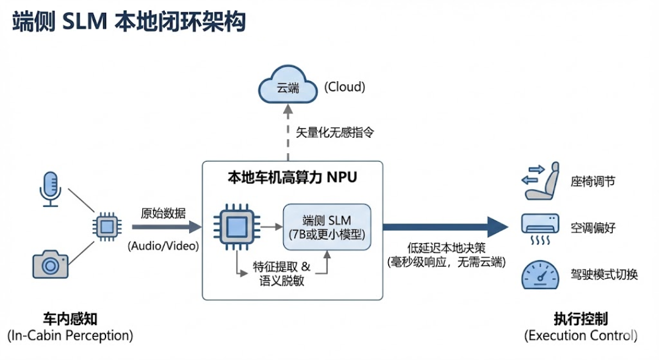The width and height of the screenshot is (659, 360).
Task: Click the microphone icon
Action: point(51,188)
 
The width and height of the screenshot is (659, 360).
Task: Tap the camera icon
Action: point(50,263)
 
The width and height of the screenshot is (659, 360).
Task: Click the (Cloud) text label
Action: point(344,87)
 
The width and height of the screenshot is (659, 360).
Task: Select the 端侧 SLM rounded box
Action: point(326,227)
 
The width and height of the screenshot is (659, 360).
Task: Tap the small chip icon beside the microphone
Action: point(107,226)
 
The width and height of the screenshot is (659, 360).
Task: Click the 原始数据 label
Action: point(163,214)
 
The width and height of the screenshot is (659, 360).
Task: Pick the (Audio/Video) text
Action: point(163,247)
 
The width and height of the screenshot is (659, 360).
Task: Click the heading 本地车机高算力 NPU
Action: point(292,178)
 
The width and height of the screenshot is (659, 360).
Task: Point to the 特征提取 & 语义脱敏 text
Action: point(281,273)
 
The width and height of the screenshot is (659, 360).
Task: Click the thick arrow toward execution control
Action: point(445,227)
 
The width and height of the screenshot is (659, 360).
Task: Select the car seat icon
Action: point(541,181)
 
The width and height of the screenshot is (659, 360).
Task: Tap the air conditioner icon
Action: point(540,227)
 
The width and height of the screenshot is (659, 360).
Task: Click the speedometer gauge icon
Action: point(540,275)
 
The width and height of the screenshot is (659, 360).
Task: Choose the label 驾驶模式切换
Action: point(604,275)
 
